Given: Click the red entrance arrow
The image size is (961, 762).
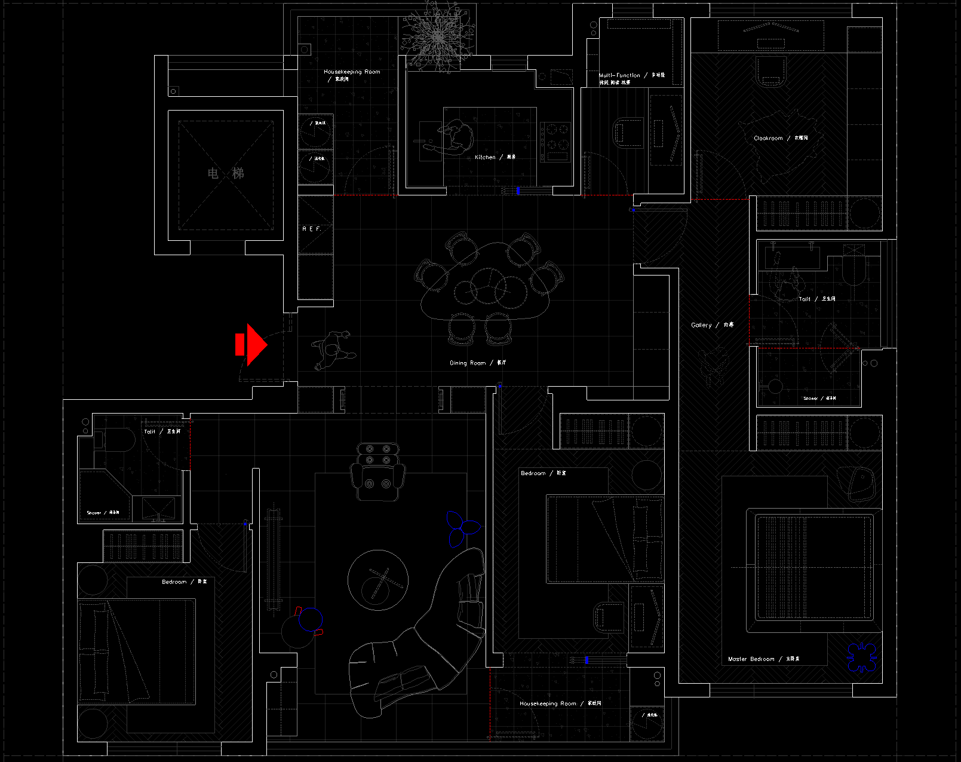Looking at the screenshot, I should coord(252,345).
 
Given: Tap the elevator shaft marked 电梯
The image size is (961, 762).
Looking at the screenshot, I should coord(226,174).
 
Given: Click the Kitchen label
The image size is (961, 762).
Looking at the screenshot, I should coord(485,157).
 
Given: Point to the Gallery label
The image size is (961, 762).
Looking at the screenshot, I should coord(701,325).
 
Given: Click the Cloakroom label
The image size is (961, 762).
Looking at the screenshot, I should coord(768,138).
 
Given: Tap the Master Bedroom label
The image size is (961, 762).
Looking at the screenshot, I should coord(751,659).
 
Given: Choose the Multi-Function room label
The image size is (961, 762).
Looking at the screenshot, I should coord(619,75).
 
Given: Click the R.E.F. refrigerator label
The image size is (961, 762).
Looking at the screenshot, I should coord(311,229).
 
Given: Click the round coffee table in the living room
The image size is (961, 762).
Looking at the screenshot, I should coord(378,580).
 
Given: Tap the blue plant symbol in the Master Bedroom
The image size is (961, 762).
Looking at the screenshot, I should coord(861,657).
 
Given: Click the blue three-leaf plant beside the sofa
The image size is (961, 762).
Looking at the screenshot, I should coord(461,528).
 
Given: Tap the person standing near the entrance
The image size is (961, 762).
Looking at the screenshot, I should coord(331,352).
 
